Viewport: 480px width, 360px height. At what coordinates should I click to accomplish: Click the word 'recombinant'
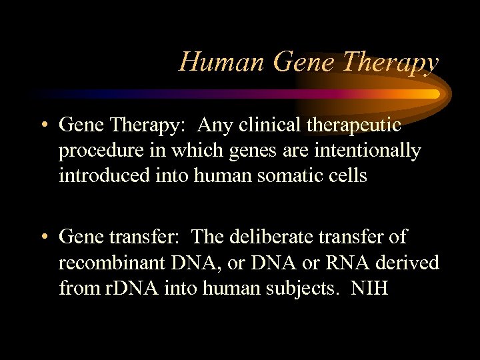[x=114, y=263]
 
